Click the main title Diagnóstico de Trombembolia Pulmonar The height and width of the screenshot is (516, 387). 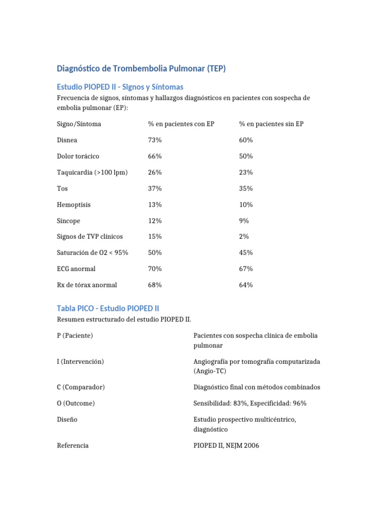point(141,69)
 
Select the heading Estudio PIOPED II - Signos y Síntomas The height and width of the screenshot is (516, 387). point(120,87)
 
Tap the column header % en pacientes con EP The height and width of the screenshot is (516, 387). point(181,124)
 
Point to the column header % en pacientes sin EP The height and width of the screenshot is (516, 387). point(271,124)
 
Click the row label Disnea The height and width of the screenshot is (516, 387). point(67,140)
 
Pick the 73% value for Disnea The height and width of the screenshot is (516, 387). point(155,140)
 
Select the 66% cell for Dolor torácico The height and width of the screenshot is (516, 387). point(155,156)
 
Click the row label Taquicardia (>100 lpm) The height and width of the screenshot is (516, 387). point(92,172)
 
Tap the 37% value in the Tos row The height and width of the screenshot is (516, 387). point(155,188)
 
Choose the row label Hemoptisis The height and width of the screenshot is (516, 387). point(74,205)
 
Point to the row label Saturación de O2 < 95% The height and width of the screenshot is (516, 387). point(93,252)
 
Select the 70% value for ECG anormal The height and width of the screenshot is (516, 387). point(155,269)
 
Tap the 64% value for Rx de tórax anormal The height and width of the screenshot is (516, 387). point(246,285)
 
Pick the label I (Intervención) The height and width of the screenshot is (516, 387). point(81,361)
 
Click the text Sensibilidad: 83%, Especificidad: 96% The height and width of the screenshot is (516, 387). point(250,403)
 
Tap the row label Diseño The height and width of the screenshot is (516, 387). point(67,419)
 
